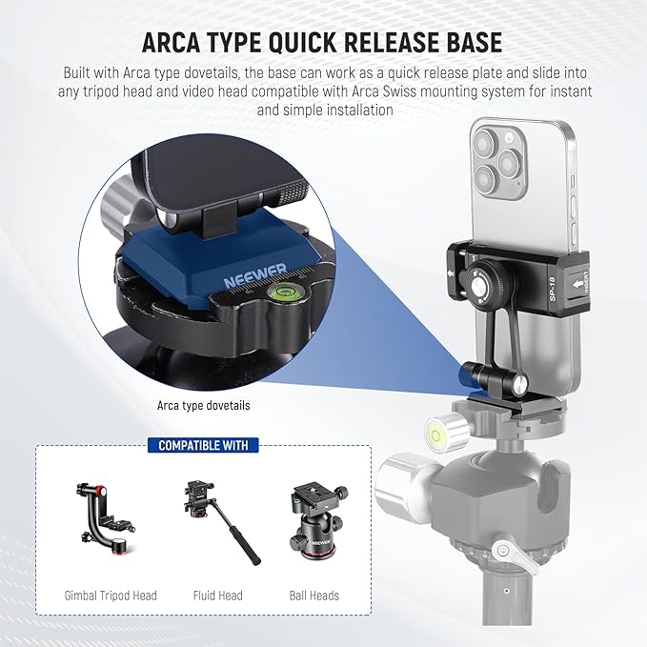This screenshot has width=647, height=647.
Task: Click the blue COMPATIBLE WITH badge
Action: [202, 445]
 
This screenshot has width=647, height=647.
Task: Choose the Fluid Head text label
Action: [217, 596]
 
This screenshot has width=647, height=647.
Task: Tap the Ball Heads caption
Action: [313, 596]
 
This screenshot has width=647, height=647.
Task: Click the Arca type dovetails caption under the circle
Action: [203, 405]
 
